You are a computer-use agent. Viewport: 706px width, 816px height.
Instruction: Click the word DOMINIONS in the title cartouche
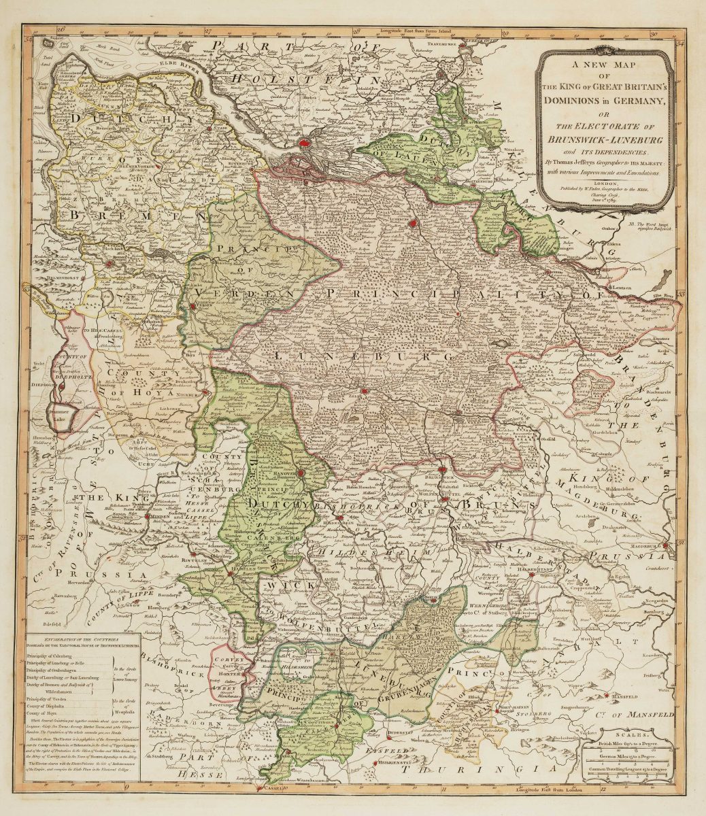(568, 101)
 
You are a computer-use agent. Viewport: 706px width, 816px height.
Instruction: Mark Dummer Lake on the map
(63, 416)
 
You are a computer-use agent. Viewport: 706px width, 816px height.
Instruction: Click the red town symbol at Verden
(194, 307)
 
